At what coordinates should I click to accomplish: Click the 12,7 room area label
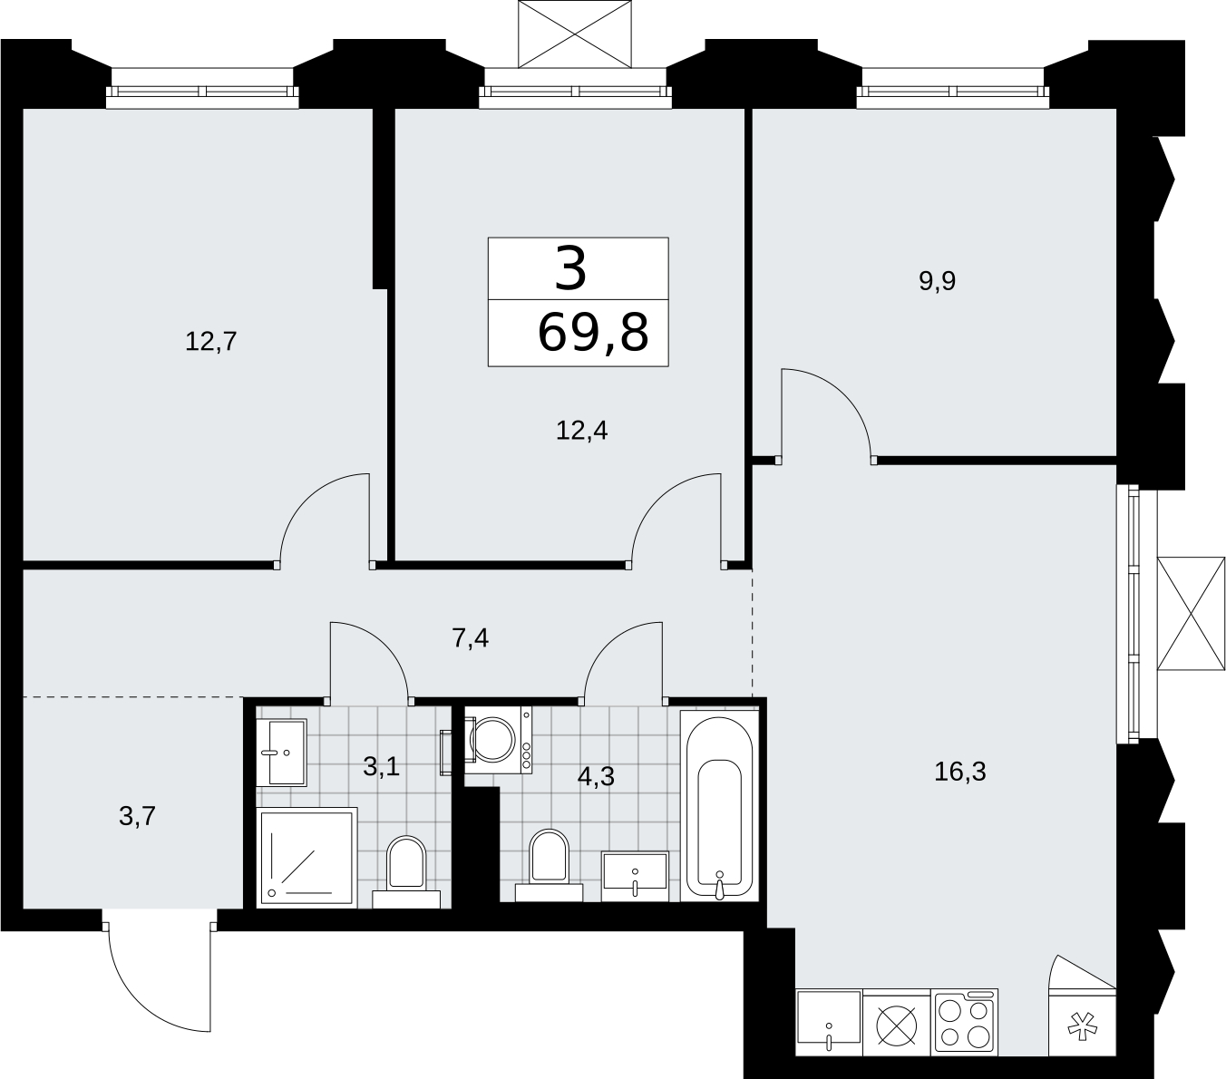click(x=210, y=342)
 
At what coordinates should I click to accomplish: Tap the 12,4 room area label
click(x=581, y=431)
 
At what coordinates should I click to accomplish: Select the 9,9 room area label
click(x=937, y=281)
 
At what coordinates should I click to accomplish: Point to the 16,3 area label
click(x=959, y=772)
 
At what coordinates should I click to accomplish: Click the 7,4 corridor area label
click(x=470, y=638)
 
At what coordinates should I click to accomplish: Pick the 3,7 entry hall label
click(x=137, y=816)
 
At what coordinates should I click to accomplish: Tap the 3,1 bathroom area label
click(x=381, y=767)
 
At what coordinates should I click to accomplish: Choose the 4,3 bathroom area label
click(x=596, y=776)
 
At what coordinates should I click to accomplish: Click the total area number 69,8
click(x=593, y=333)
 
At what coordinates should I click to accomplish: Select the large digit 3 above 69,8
click(x=570, y=268)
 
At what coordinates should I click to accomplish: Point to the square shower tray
click(x=306, y=857)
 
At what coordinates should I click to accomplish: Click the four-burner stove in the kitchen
click(x=966, y=1024)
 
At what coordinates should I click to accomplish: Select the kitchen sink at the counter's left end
click(x=829, y=1024)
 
